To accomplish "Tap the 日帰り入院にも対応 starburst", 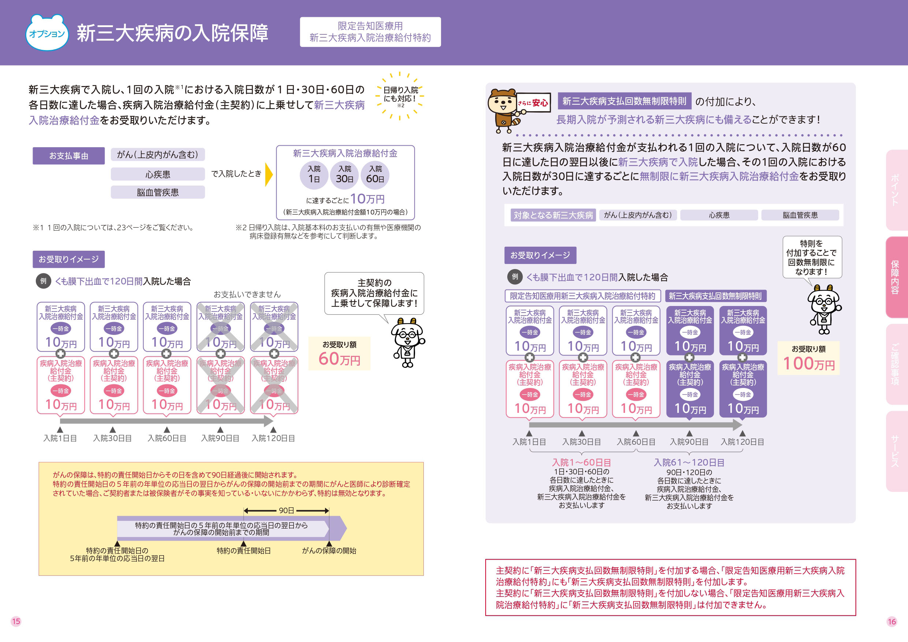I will pos(400,95).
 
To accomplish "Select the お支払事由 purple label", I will pos(68,156).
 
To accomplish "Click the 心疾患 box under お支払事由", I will pos(157,175).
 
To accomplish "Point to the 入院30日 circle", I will pos(344,175).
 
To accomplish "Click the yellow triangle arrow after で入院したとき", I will pos(269,174).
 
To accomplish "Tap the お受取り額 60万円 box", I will pos(339,353).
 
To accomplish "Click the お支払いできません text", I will pos(247,294).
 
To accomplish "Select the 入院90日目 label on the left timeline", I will pos(220,438).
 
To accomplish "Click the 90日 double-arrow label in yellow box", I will pos(286,511).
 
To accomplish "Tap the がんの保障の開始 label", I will pos(329,550).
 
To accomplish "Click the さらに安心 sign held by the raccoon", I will pos(533,103).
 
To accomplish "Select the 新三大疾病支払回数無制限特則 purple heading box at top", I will pos(624,101).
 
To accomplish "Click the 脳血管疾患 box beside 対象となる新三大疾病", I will pos(800,215).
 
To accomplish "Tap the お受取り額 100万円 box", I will pos(809,358).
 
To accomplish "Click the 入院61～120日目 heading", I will pos(689,462).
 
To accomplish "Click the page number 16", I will pos(892,622).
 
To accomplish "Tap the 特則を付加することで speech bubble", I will pos(812,257).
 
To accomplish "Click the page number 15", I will pos(16,622).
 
